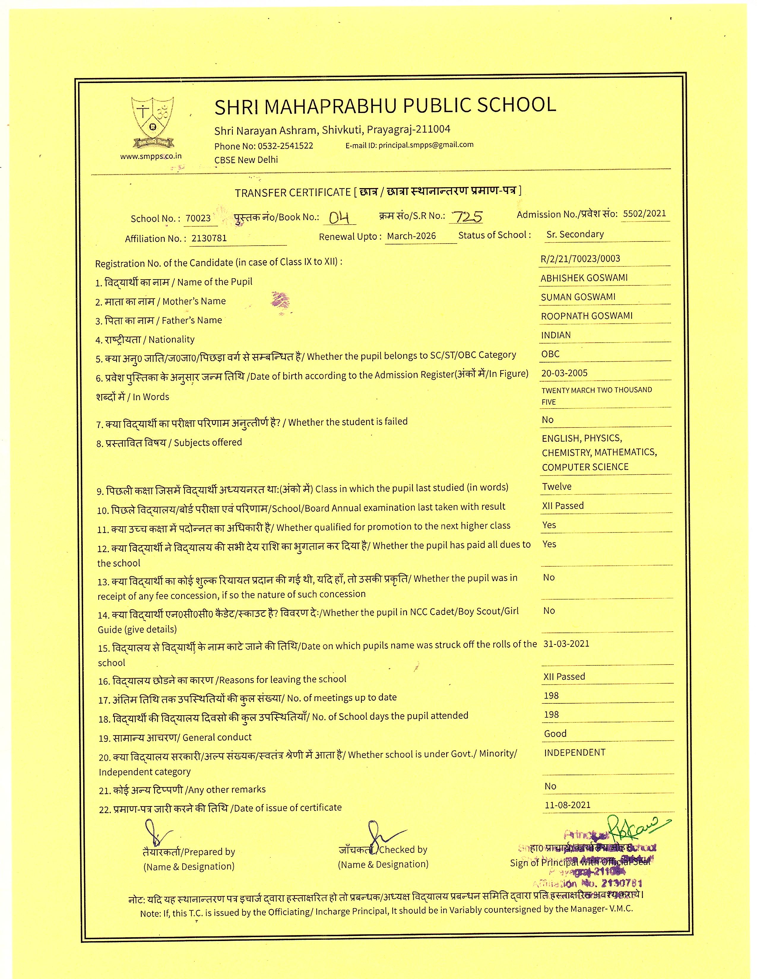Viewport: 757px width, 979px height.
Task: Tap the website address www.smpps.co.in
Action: coord(151,156)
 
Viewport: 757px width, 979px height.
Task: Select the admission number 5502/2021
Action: coord(644,213)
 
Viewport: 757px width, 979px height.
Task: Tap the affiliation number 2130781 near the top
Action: coord(209,238)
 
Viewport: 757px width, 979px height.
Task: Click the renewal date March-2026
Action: coord(411,236)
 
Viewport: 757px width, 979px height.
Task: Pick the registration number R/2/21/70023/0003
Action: coord(580,259)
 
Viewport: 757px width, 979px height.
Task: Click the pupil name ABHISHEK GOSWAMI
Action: coord(584,278)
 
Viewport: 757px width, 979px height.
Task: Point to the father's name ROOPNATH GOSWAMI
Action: coord(587,316)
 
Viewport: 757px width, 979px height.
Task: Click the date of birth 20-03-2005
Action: coord(564,373)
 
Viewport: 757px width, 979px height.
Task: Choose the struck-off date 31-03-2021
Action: coord(566,644)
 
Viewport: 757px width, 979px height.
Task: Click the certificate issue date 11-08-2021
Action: coord(567,805)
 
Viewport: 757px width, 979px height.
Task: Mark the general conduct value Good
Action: coord(555,734)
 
